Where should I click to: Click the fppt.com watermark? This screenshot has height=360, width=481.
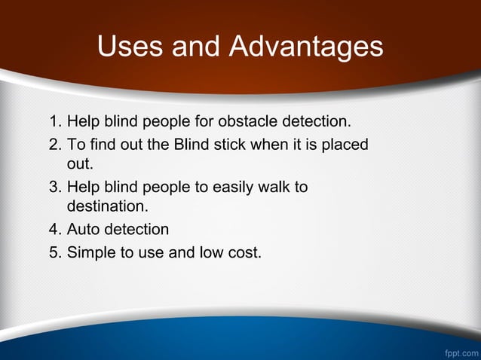(460, 352)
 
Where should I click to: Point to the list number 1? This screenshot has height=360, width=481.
(53, 121)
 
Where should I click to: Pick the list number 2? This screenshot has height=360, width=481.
(53, 143)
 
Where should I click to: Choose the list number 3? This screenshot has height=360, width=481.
(53, 187)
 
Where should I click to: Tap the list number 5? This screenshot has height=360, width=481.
(53, 252)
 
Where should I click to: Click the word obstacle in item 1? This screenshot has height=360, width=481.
(247, 121)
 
